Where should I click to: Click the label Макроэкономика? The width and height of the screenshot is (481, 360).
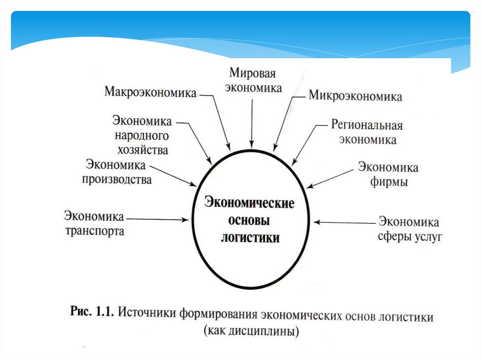coord(150,92)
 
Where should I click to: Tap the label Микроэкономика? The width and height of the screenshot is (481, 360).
coord(355,97)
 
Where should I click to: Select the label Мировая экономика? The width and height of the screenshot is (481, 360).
coord(252,80)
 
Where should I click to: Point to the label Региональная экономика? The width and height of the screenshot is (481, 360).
coord(367,132)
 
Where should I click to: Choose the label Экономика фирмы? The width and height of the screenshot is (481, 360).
coord(388,174)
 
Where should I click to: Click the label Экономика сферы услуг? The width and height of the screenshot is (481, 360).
coord(410,229)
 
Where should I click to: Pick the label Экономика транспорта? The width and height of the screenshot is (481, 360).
coord(94,224)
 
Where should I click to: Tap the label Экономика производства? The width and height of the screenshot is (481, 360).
coord(117,172)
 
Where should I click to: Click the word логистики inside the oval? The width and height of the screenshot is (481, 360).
coord(250,237)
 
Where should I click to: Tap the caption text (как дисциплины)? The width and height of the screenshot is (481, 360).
coord(252,331)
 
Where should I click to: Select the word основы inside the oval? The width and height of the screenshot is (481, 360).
coord(249,221)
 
